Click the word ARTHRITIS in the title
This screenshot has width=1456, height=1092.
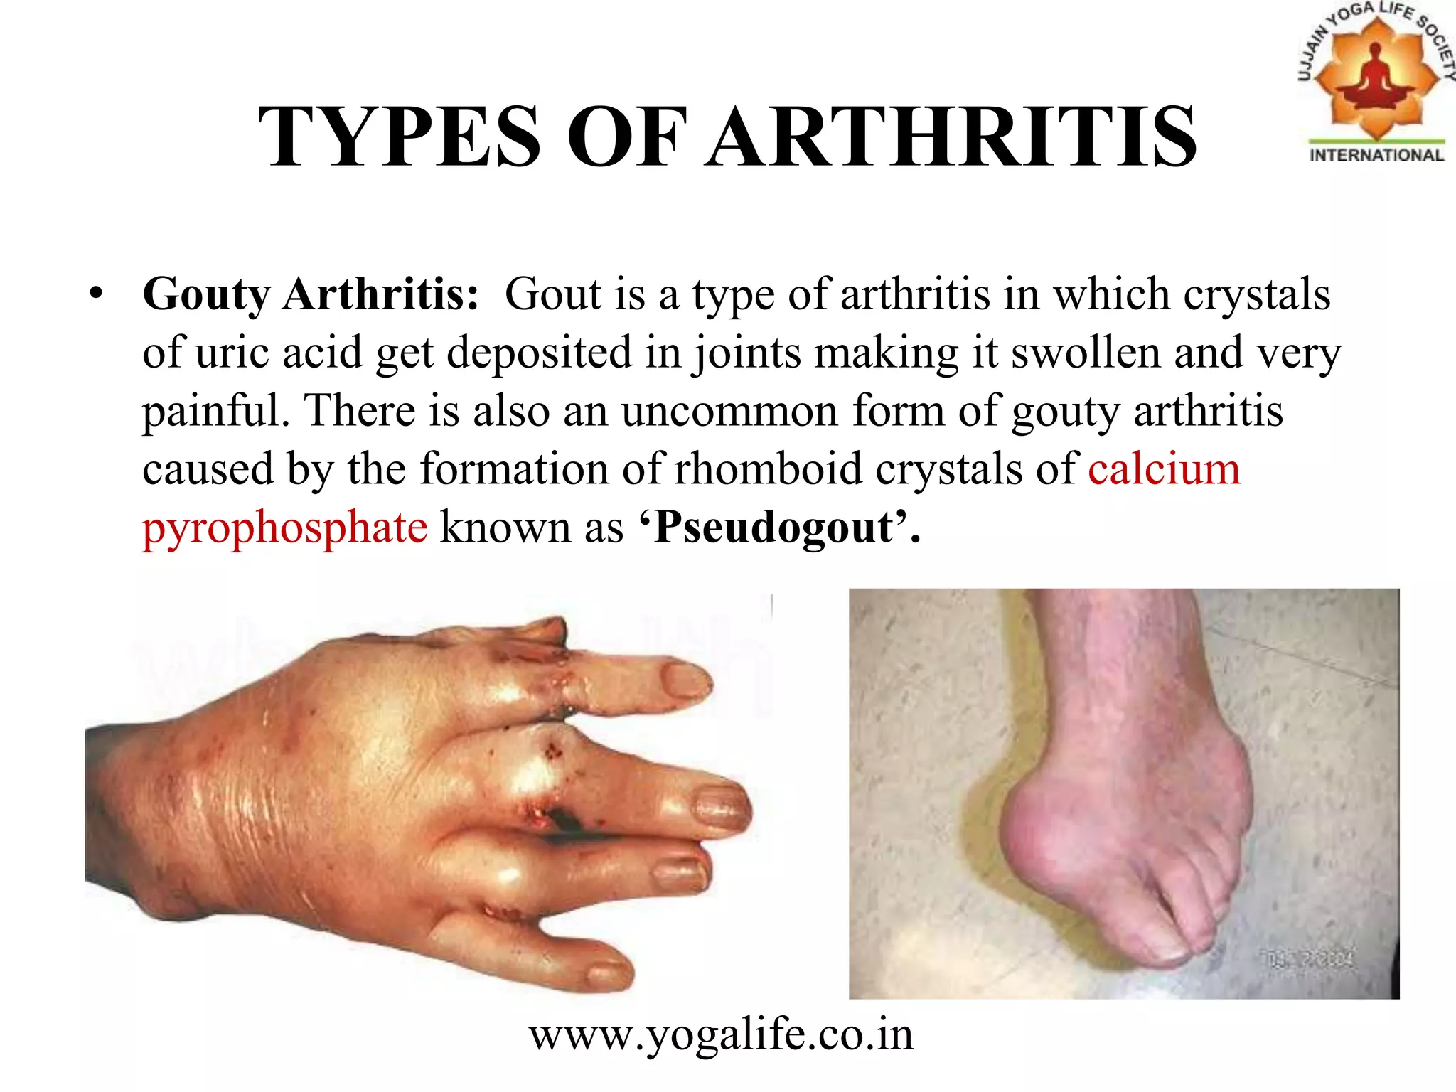952,136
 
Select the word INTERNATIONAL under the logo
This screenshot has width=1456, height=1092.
1376,156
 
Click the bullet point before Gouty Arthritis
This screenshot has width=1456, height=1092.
97,294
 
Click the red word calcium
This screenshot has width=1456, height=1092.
1164,469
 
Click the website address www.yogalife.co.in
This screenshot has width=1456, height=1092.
721,1035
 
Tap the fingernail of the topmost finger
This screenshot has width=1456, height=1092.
685,679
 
